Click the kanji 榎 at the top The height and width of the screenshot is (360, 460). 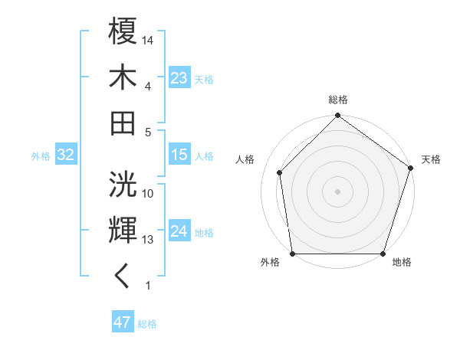pos(123,31)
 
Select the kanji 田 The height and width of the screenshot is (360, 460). pos(123,122)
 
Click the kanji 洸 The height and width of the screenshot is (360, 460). pos(123,185)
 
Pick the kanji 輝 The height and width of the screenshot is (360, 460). pos(123,230)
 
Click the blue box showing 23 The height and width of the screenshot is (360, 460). pos(179,77)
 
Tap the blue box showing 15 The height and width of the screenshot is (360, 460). pos(179,155)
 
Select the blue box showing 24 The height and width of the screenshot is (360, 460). pos(179,231)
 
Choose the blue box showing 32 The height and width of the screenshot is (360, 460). pos(65,155)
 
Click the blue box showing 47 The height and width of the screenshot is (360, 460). pos(123,322)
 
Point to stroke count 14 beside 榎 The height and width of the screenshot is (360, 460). pos(149,39)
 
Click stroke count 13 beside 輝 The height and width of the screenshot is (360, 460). pos(149,240)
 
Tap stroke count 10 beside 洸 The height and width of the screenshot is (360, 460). pos(149,194)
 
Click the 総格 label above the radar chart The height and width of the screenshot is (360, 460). pos(338,100)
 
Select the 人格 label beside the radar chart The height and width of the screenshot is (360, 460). pos(246,159)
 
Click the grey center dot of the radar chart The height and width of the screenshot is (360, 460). pos(338,191)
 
